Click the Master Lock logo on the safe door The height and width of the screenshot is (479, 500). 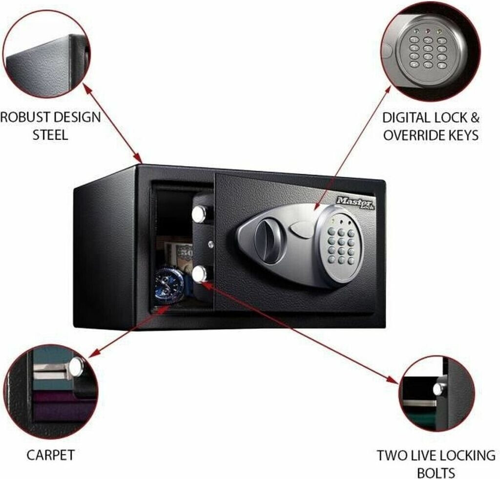click(x=355, y=202)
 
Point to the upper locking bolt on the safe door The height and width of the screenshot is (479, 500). click(x=199, y=213)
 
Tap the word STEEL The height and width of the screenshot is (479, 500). click(x=50, y=135)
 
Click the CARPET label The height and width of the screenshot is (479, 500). click(x=50, y=456)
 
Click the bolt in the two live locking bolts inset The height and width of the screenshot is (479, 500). click(x=439, y=389)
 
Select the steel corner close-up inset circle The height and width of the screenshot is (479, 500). click(x=46, y=54)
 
